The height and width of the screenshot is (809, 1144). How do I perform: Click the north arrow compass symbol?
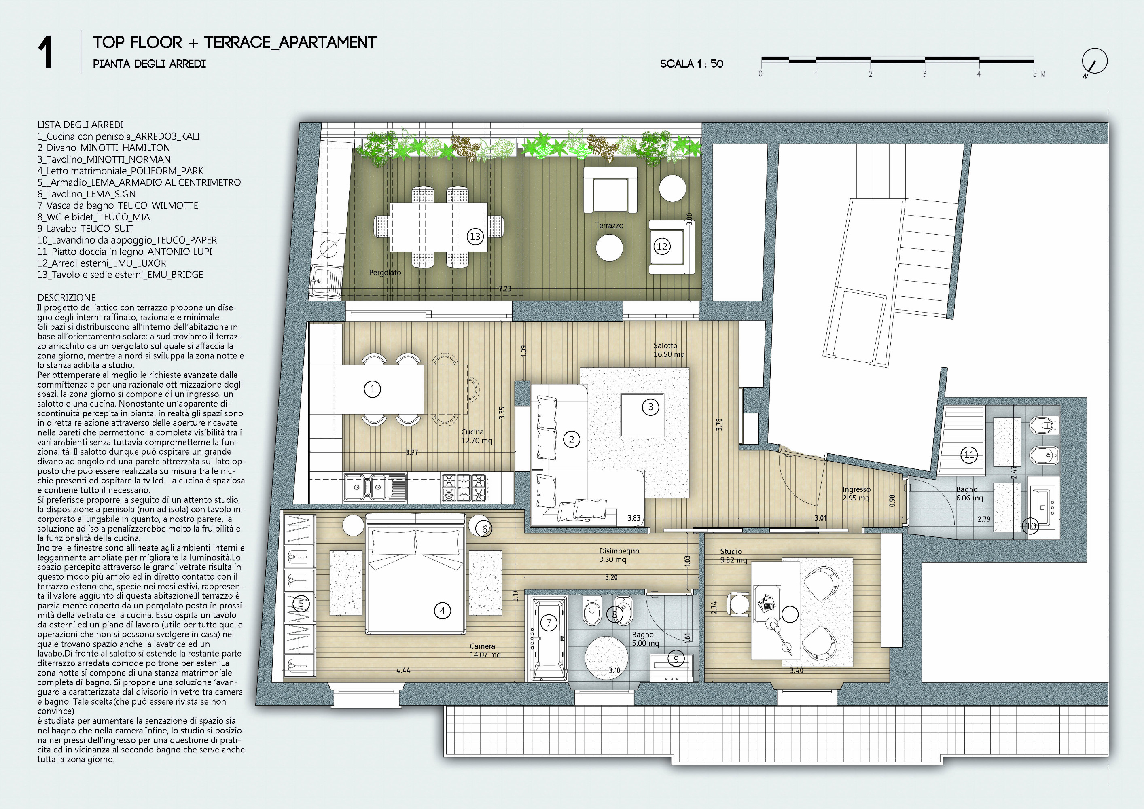(1094, 63)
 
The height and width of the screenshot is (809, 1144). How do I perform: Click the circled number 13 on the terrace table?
(475, 237)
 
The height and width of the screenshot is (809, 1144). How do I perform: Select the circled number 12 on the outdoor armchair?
(662, 246)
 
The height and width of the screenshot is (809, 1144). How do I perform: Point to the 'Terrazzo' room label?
(609, 226)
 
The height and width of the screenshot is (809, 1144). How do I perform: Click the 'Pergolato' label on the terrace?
(385, 273)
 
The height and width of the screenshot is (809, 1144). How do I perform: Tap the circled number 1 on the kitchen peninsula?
(372, 389)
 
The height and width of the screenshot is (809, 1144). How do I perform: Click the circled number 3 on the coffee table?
(650, 407)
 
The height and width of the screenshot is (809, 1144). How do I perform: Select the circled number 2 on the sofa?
(572, 439)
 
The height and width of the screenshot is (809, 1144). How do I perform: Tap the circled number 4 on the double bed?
(443, 610)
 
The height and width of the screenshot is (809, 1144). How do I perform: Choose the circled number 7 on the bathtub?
(549, 623)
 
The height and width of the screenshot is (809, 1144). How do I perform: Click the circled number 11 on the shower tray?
(969, 455)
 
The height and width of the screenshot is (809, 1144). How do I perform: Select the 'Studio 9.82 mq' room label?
(733, 555)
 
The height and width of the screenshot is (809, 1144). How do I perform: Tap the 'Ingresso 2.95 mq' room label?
(856, 493)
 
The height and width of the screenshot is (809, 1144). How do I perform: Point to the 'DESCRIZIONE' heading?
(66, 298)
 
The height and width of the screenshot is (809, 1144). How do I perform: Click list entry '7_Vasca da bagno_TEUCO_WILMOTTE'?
(118, 205)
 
